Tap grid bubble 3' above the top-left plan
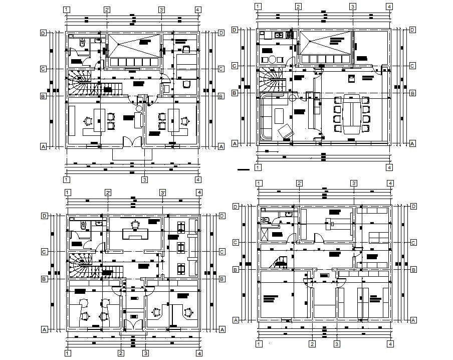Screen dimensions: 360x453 pyautogui.click(x=161, y=10)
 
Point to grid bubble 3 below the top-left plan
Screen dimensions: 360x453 pyautogui.click(x=144, y=179)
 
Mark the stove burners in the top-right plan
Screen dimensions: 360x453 pyautogui.click(x=290, y=35)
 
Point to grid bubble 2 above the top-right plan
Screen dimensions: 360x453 pyautogui.click(x=298, y=7)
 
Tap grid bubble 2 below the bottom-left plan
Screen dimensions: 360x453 pyautogui.click(x=121, y=353)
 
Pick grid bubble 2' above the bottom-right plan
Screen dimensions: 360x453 pyautogui.click(x=298, y=183)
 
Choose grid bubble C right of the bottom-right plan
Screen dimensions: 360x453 pyautogui.click(x=413, y=243)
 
